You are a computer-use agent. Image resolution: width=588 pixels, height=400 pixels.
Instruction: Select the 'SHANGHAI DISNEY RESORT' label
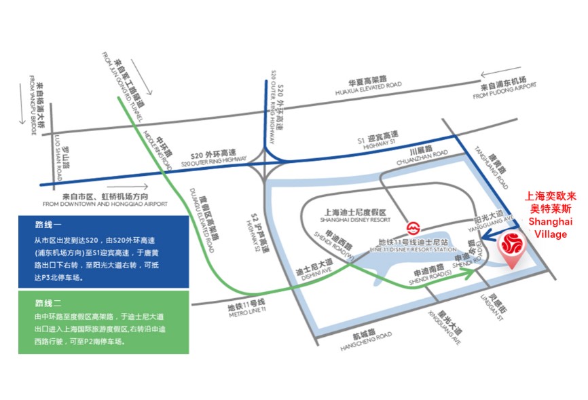pos(349,220)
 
